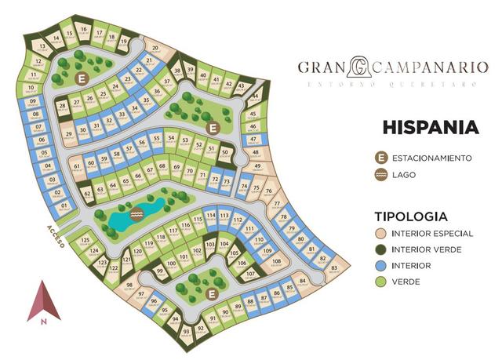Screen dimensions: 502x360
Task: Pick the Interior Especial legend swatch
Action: pyautogui.click(x=382, y=234)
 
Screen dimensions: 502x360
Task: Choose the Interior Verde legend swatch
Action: pyautogui.click(x=382, y=249)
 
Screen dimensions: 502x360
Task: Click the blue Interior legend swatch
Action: pyautogui.click(x=382, y=265)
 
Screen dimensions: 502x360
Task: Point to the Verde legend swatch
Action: pyautogui.click(x=382, y=281)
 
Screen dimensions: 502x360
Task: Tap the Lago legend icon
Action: pyautogui.click(x=382, y=175)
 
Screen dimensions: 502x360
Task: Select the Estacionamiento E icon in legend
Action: pyautogui.click(x=382, y=158)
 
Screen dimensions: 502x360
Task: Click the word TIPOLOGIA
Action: pyautogui.click(x=411, y=216)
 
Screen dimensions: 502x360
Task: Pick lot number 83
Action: pyautogui.click(x=334, y=268)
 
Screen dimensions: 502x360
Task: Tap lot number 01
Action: pyautogui.click(x=64, y=207)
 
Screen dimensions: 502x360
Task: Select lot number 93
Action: pyautogui.click(x=186, y=332)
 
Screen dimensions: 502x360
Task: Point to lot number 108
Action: pyautogui.click(x=276, y=262)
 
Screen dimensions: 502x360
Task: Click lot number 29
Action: pyautogui.click(x=69, y=135)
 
